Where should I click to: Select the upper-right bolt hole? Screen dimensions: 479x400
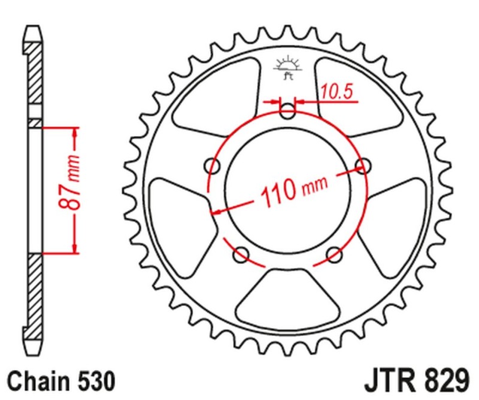(362, 165)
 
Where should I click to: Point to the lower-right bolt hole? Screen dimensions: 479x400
(334, 254)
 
